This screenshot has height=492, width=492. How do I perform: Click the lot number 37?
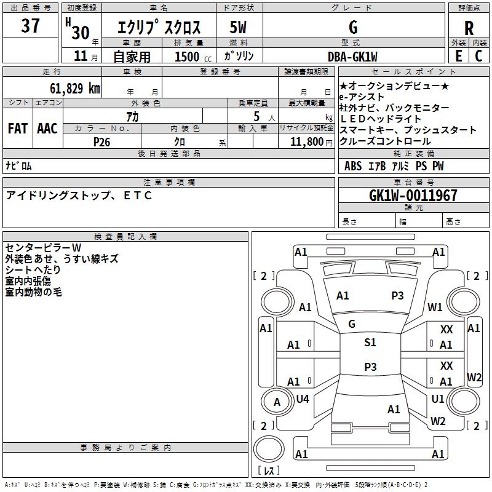(30, 27)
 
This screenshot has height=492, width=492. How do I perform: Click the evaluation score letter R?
(469, 28)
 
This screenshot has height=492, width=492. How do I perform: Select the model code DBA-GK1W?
(353, 56)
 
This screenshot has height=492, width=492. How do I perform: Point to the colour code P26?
(101, 141)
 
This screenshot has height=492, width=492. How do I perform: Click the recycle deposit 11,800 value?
(306, 141)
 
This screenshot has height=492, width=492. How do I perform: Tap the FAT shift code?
(18, 129)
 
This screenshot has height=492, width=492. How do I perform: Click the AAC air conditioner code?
(47, 129)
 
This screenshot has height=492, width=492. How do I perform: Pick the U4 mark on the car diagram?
(303, 399)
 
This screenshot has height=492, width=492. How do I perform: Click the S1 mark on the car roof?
(370, 343)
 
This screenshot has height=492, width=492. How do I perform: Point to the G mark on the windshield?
(352, 323)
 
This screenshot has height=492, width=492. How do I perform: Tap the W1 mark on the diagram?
(435, 307)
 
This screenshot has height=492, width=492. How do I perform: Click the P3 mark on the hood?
(397, 296)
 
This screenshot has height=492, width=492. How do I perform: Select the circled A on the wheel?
(277, 402)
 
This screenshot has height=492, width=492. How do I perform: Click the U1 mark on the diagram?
(438, 399)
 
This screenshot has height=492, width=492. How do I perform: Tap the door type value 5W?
(238, 28)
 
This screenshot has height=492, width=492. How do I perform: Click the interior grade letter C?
(479, 56)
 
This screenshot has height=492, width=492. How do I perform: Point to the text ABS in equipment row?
(353, 166)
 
